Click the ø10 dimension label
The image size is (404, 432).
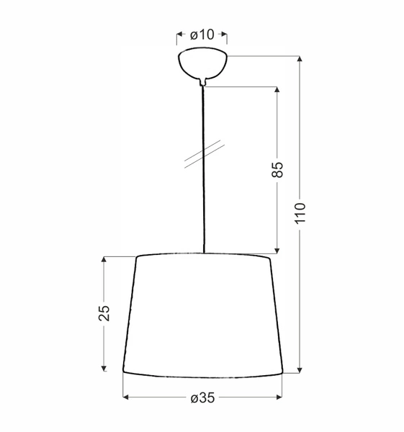(x=202, y=35)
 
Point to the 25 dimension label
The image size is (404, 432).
(x=105, y=312)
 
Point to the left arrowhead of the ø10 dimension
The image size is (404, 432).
(x=180, y=35)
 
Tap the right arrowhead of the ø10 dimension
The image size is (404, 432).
(x=224, y=35)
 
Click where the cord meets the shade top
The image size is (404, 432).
(x=204, y=253)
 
